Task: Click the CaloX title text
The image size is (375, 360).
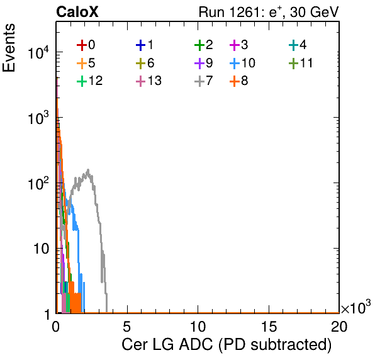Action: coord(77,12)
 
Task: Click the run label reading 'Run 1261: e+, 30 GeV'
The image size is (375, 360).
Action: coord(269,12)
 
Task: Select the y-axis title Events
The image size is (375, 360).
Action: coord(9,48)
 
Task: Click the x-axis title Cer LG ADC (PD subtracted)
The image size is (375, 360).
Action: coord(227,345)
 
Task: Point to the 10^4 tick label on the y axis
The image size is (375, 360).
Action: coord(38,52)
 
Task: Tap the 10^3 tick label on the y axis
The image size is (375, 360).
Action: coord(38,118)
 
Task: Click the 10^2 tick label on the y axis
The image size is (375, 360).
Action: coord(38,184)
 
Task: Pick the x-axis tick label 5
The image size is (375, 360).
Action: coord(126,326)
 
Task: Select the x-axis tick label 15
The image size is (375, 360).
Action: coord(269,326)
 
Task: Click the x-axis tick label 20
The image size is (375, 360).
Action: coord(339,326)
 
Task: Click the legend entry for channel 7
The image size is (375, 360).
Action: coord(204,81)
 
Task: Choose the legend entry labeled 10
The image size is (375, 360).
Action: coord(242,63)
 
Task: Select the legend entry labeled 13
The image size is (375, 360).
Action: coord(148,81)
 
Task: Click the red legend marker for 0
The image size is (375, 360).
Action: coord(82,45)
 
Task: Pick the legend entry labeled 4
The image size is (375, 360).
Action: coord(298,45)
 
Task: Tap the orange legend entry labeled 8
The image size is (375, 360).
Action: coord(238,81)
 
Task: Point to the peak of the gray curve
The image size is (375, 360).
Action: coord(88,170)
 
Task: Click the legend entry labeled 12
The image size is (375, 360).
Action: coord(90,81)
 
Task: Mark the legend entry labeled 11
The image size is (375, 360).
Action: coord(301,63)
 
